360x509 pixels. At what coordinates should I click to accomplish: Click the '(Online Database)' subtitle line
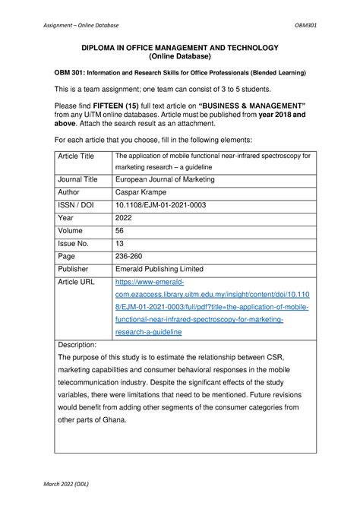point(180,57)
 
